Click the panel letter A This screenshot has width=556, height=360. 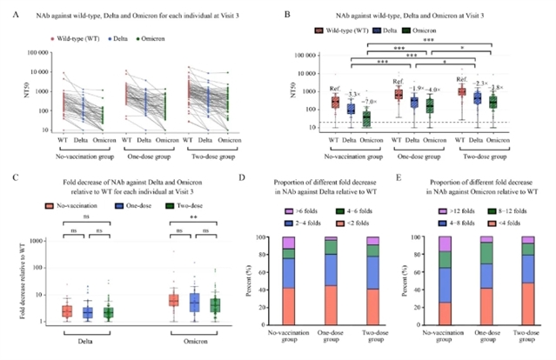click(10, 13)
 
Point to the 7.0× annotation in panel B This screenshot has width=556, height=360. click(368, 102)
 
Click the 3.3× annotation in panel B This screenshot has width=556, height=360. click(352, 93)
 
